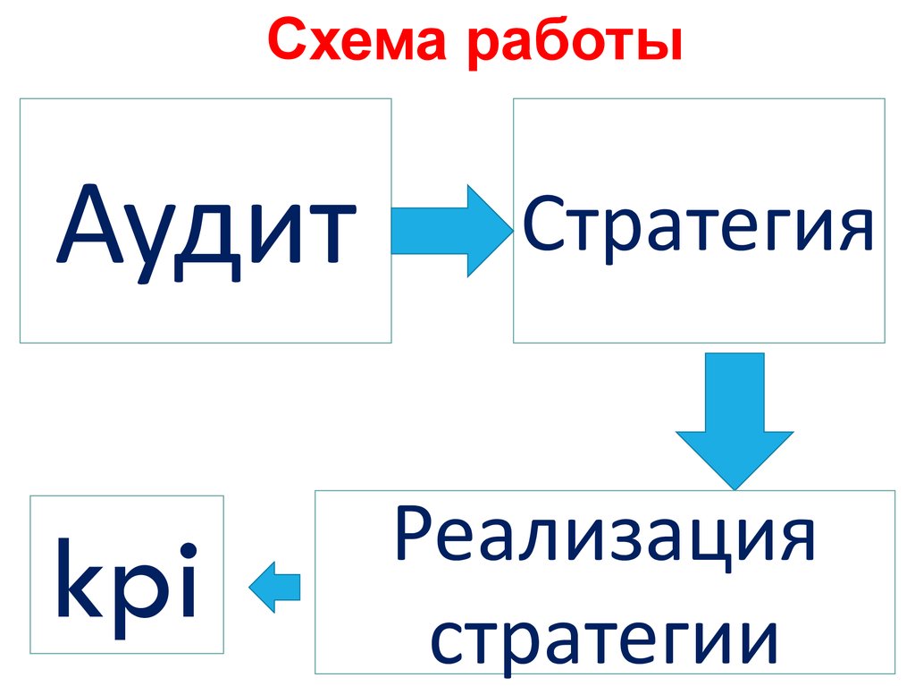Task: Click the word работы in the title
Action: tap(574, 45)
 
